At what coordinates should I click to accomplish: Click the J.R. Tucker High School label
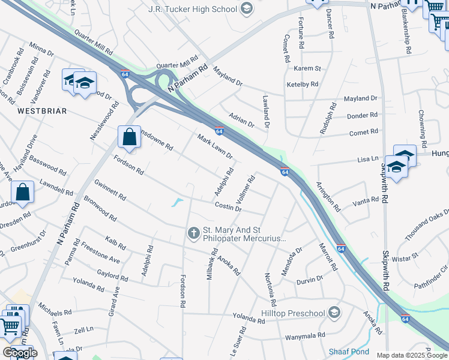(192, 9)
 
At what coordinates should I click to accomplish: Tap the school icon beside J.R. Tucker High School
(246, 8)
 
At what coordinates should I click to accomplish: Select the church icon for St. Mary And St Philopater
(193, 232)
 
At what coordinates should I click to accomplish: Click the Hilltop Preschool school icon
(335, 312)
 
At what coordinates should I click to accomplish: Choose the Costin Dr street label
(228, 207)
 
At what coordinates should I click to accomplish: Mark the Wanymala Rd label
(305, 336)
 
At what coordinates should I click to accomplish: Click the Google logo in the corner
(19, 352)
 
